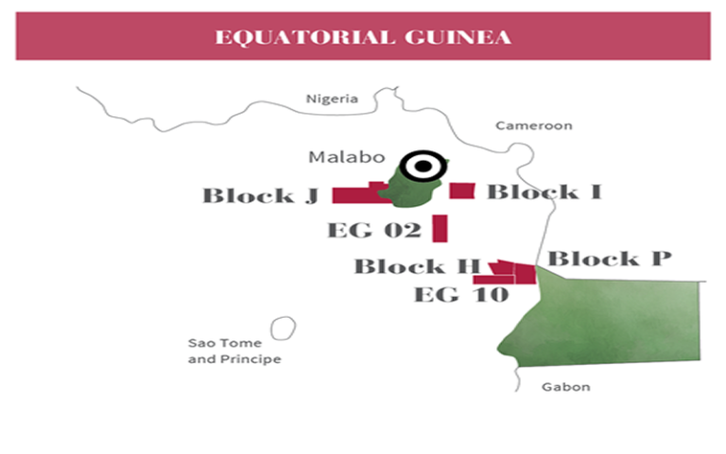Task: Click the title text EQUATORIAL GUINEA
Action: tap(363, 37)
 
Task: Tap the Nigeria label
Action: tap(332, 98)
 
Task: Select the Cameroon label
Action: tap(534, 125)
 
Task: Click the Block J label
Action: tap(261, 197)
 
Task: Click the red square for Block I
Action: tap(461, 191)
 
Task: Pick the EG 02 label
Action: tap(373, 230)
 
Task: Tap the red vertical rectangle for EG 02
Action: tap(439, 228)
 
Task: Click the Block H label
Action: tap(417, 267)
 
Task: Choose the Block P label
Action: tap(610, 258)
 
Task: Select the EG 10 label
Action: tap(461, 294)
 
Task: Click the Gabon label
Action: tap(566, 387)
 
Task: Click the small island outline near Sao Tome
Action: tap(282, 327)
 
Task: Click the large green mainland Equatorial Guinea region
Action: tap(614, 322)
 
